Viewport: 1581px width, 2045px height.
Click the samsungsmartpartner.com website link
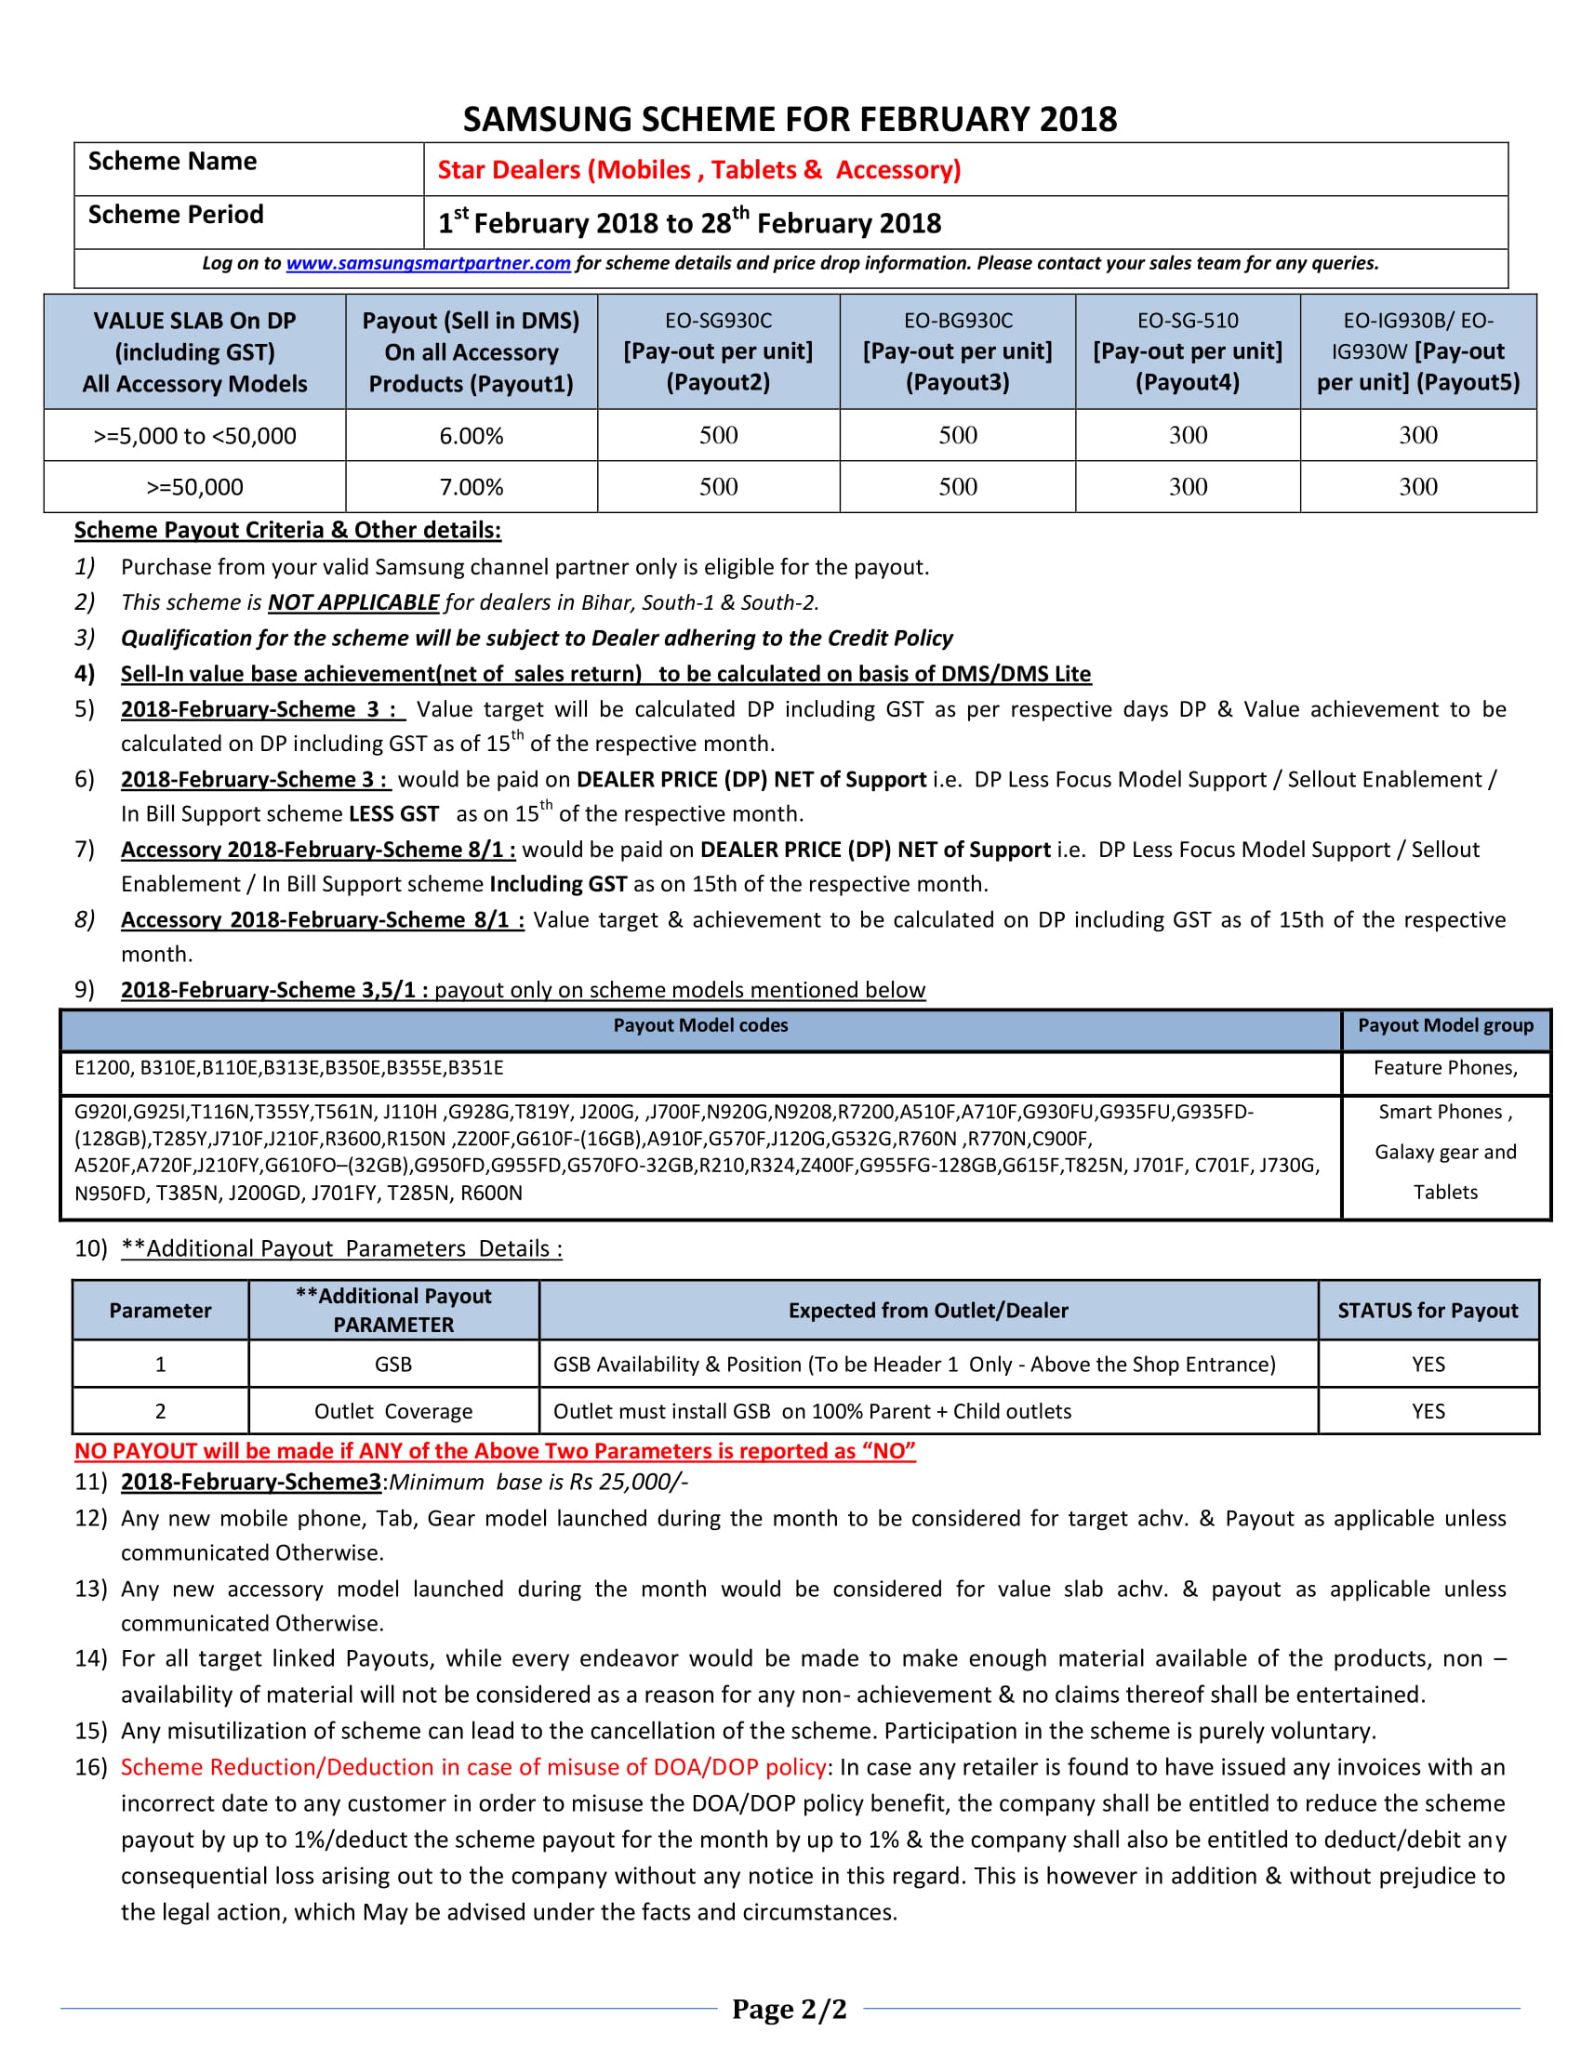[x=428, y=263]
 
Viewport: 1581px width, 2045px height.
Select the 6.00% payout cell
[x=472, y=435]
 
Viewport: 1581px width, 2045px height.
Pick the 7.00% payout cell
[x=472, y=487]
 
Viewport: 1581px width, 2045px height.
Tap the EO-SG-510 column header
[x=1187, y=351]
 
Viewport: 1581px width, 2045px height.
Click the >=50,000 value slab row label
[x=194, y=487]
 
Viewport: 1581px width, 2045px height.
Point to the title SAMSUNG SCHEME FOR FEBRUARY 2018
[x=790, y=119]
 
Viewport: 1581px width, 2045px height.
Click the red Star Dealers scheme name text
[x=698, y=169]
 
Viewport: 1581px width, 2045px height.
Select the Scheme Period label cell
[x=176, y=215]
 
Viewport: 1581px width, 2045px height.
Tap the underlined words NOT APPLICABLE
[x=353, y=602]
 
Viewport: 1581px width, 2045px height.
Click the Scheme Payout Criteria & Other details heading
[x=287, y=530]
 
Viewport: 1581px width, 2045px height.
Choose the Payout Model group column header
[x=1445, y=1025]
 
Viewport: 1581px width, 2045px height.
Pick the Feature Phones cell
[x=1445, y=1067]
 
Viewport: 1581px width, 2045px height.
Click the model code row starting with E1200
[x=288, y=1067]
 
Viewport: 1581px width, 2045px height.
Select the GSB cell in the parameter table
[x=393, y=1365]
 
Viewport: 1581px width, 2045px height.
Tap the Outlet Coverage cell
[x=393, y=1411]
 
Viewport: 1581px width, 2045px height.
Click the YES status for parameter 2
[x=1428, y=1411]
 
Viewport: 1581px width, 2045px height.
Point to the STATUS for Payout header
[x=1428, y=1310]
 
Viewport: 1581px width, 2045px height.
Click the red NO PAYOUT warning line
[x=495, y=1450]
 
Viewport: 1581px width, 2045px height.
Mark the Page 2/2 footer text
[x=789, y=2009]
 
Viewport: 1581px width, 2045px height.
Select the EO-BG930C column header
[x=957, y=351]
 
